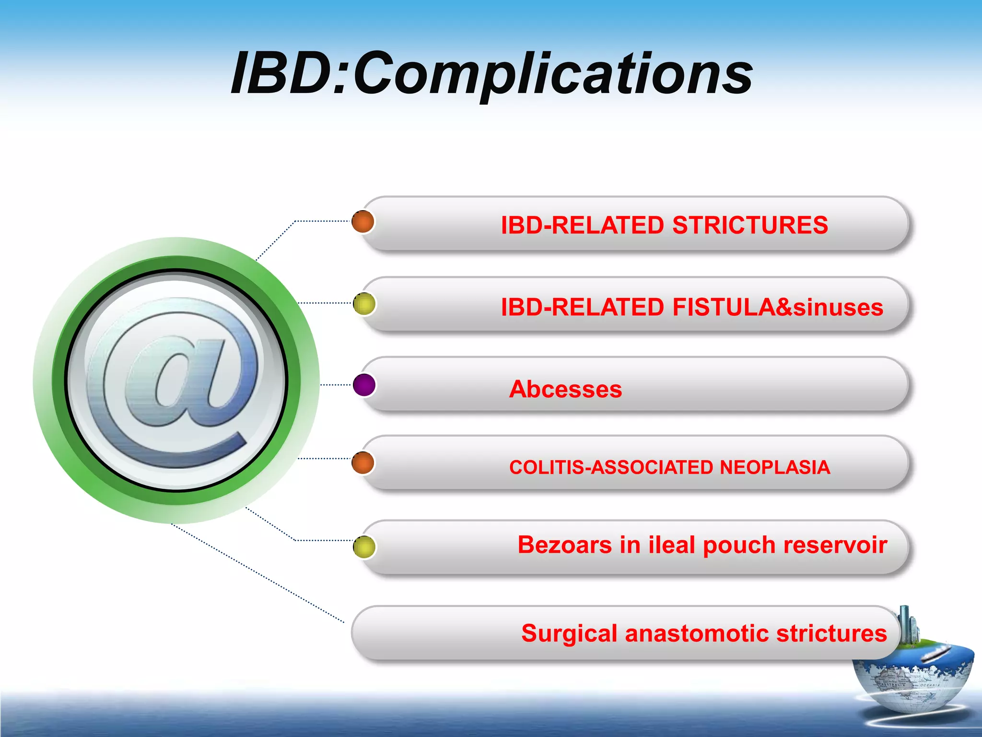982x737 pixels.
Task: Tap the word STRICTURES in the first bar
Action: pos(750,225)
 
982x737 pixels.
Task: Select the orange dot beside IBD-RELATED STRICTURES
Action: pos(363,222)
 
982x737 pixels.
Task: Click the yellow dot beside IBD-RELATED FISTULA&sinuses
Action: pos(364,304)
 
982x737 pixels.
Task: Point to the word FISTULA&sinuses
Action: pos(777,307)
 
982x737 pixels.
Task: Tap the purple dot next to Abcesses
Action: pos(364,385)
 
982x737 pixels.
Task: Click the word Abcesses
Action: pos(565,389)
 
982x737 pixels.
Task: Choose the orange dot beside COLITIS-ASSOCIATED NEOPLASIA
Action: pos(363,463)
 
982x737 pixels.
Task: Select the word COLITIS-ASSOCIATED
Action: pos(611,467)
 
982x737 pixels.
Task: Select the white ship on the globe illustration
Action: pos(935,653)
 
